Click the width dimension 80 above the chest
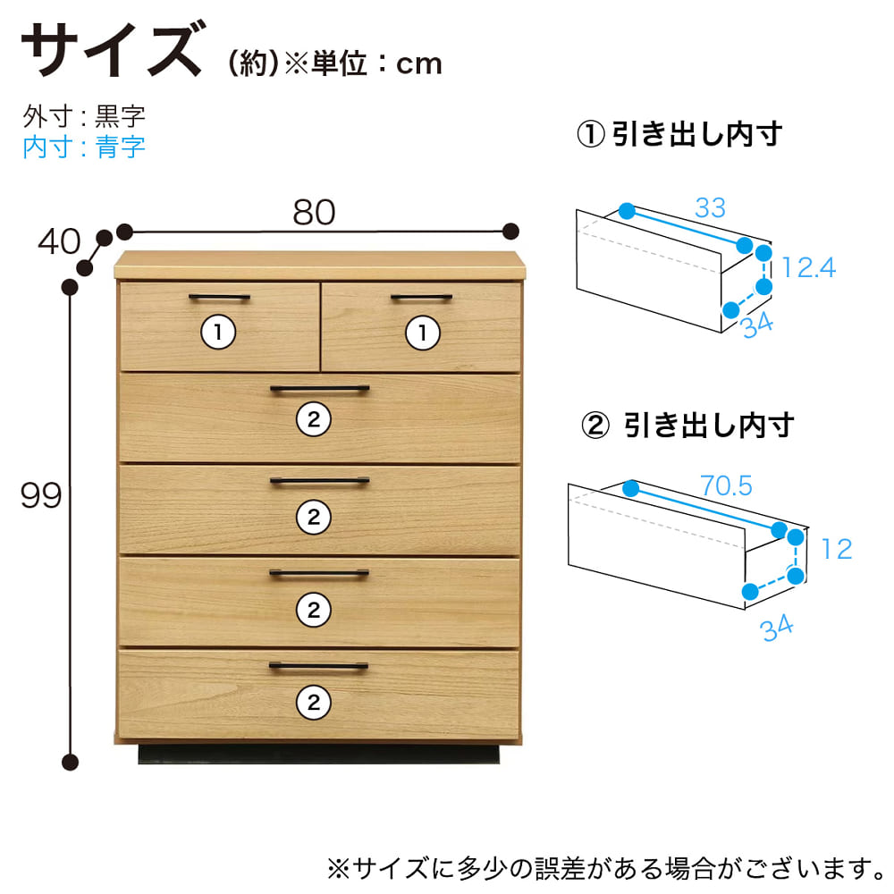(314, 212)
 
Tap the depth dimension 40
(59, 241)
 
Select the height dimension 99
(40, 495)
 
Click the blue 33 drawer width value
(710, 207)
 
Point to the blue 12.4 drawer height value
(808, 267)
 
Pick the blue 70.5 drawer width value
(726, 485)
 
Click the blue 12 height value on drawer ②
(837, 549)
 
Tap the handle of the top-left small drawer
(220, 297)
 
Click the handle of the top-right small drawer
(421, 297)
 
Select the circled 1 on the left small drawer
(218, 332)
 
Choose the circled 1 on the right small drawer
(423, 333)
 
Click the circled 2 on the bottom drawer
(314, 703)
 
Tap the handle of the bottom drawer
(319, 665)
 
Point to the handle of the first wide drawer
(320, 390)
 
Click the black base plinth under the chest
(319, 754)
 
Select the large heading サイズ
(113, 48)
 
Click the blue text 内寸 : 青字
(84, 148)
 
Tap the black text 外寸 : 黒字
(84, 116)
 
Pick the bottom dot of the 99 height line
(70, 762)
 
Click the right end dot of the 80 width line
(510, 231)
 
